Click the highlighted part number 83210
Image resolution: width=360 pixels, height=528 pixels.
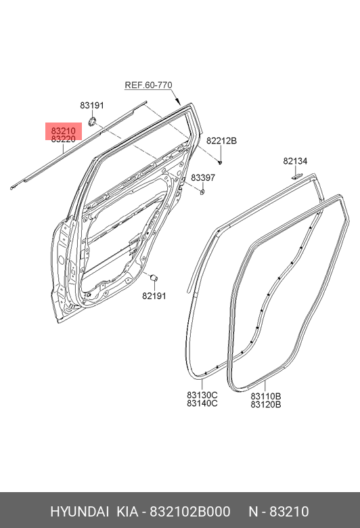(64, 131)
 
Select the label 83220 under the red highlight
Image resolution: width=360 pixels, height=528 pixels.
(64, 139)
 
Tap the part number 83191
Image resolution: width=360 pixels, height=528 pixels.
(92, 106)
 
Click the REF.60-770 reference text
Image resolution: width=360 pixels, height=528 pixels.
(148, 85)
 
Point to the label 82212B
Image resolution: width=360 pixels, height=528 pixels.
(221, 141)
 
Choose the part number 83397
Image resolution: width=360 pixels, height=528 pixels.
(203, 177)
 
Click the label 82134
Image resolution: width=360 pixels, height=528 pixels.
(295, 161)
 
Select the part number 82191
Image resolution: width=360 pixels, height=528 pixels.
(154, 296)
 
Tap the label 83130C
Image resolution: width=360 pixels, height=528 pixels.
(202, 395)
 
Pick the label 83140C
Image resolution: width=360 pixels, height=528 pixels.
(202, 403)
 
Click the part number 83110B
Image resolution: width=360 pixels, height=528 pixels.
(266, 396)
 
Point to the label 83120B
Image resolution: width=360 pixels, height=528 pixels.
(266, 404)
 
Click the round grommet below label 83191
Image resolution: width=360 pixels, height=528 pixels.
(92, 122)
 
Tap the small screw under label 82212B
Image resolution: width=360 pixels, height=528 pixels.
(220, 162)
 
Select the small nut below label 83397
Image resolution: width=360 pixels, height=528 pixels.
(202, 192)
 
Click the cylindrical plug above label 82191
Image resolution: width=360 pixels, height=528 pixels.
(154, 278)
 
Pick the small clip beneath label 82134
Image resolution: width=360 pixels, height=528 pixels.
(297, 175)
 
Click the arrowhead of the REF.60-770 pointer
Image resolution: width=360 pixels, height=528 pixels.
(179, 102)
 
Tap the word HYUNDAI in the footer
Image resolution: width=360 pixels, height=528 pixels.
(79, 512)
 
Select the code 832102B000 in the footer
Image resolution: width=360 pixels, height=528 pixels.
(190, 512)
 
